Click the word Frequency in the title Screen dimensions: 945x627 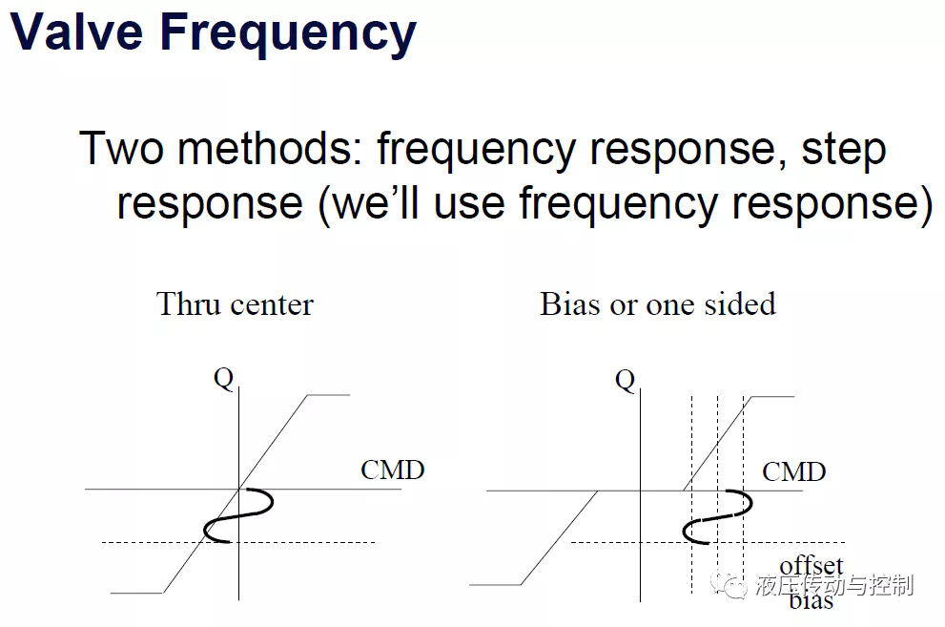[x=288, y=35]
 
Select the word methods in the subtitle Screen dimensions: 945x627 [x=269, y=148]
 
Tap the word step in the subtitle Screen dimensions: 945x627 [x=843, y=151]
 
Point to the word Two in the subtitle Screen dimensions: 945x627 [x=121, y=148]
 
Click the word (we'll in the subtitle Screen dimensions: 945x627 [x=368, y=204]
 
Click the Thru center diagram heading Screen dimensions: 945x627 [x=235, y=303]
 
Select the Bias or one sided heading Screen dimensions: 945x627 [x=658, y=303]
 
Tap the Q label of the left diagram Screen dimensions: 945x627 [x=223, y=379]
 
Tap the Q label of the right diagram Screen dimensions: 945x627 [x=625, y=381]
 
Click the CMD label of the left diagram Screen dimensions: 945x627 [x=392, y=470]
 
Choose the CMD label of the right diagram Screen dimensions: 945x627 [x=793, y=471]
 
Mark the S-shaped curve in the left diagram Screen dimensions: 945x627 [x=238, y=516]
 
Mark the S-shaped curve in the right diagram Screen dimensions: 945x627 [x=717, y=517]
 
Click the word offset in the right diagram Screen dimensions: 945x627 [x=811, y=566]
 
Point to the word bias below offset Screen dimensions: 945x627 [x=811, y=600]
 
